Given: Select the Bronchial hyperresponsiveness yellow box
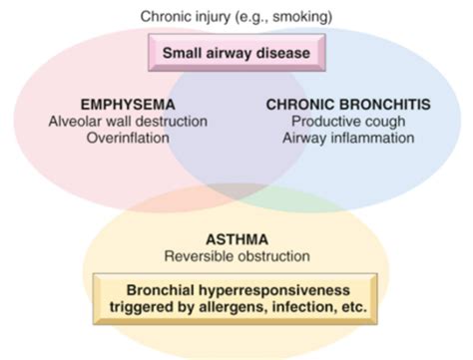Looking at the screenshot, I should pos(236,298).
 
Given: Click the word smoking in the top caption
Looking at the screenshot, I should pos(303,16).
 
